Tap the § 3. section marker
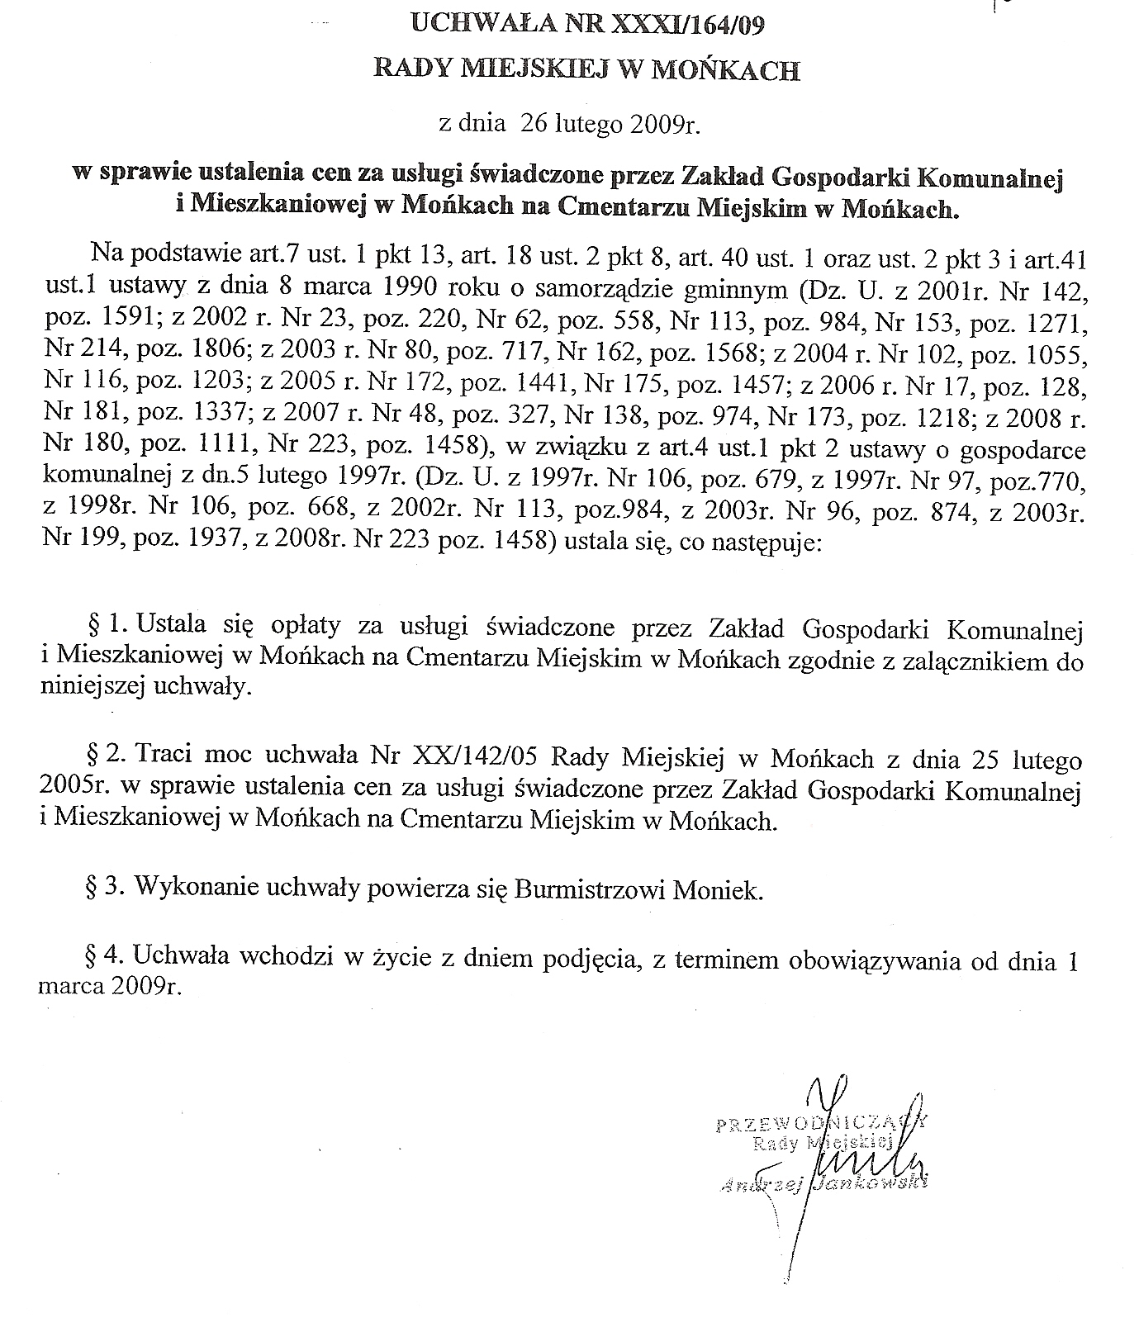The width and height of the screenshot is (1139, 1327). click(106, 889)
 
